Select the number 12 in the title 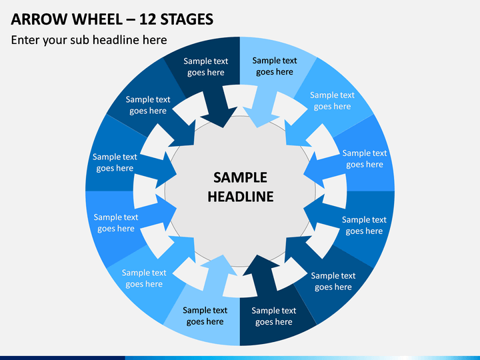148,19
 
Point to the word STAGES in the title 187,19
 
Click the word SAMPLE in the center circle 240,177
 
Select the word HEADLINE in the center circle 241,197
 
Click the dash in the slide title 131,20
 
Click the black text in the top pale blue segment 275,66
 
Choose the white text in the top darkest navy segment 206,67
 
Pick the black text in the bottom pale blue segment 205,316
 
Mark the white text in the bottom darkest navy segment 274,316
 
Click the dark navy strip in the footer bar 63,358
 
